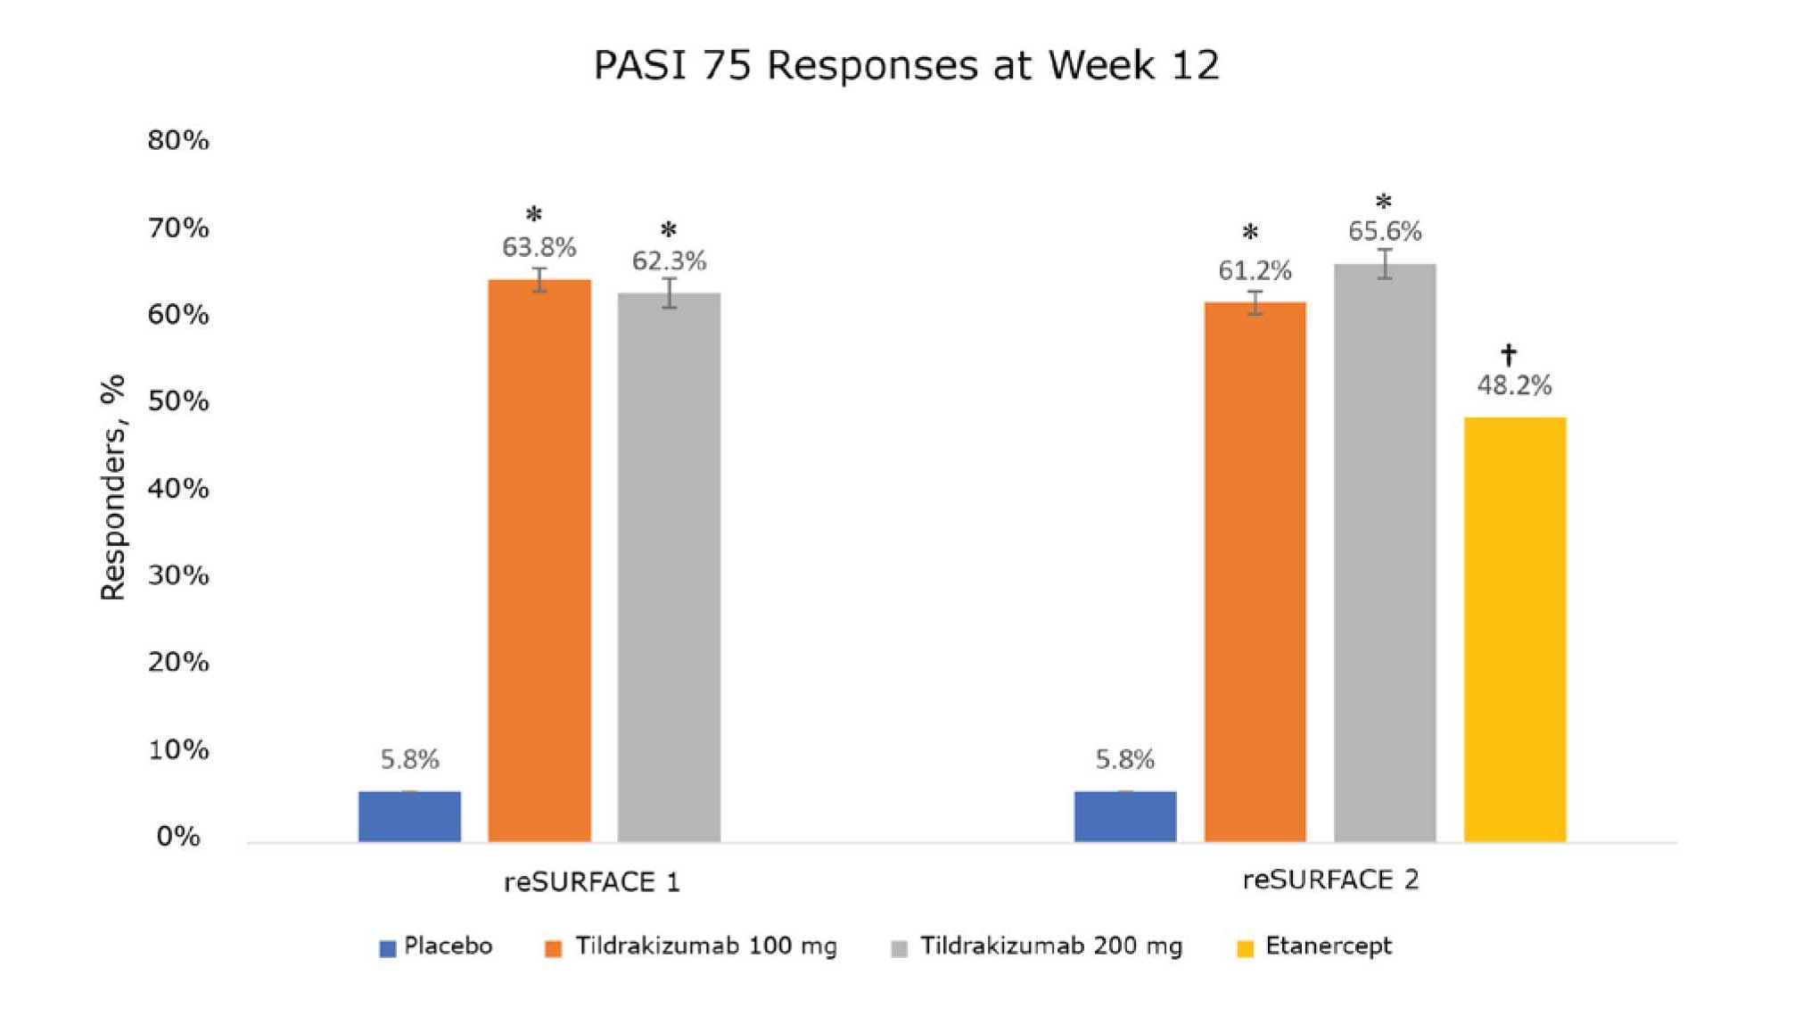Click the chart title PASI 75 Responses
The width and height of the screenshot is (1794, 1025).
coord(906,65)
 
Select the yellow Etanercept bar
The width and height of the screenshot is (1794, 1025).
coord(1514,629)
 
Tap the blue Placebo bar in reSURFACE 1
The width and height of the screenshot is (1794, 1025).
coord(409,815)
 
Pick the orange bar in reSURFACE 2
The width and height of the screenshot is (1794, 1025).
coord(1255,571)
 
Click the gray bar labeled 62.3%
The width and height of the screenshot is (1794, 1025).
coord(669,566)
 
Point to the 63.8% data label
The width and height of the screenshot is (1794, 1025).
coord(539,247)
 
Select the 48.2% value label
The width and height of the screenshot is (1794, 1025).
coord(1514,385)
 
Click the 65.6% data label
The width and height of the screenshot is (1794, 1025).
coord(1384,232)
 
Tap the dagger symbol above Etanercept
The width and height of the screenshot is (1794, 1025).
coord(1508,354)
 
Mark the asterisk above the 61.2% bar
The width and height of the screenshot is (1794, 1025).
coord(1250,234)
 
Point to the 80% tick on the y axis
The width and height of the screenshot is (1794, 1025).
coord(178,140)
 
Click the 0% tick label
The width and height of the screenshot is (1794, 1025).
coord(178,836)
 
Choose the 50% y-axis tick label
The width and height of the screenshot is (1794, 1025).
coord(178,401)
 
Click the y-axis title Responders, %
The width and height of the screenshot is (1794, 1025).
coord(113,487)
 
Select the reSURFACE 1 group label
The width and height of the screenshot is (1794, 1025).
coord(591,882)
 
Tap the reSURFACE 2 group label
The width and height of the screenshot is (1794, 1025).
coord(1330,880)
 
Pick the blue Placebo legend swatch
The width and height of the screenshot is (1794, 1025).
coord(387,948)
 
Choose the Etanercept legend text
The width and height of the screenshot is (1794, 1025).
coord(1328,946)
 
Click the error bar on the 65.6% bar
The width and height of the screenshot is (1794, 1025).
coord(1384,264)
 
